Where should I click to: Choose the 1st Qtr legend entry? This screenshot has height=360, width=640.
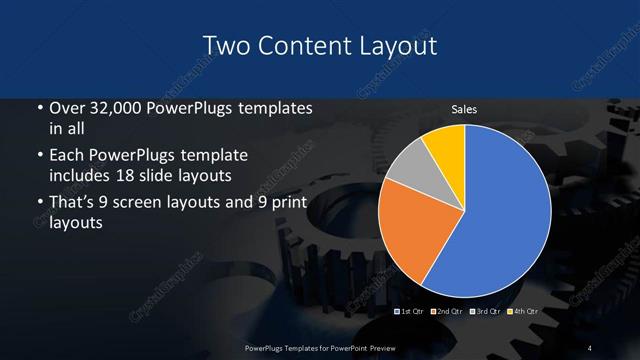click(410, 312)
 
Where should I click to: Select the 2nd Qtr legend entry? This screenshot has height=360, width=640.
click(446, 312)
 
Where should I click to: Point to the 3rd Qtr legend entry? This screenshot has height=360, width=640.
click(484, 312)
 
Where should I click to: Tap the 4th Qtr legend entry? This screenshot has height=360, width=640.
click(522, 312)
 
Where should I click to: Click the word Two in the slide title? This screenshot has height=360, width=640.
click(225, 46)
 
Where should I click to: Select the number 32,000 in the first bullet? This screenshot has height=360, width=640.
click(113, 108)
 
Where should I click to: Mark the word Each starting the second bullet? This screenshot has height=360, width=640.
click(67, 156)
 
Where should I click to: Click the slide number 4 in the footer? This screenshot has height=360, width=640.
click(590, 347)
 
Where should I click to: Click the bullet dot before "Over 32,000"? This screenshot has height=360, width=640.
click(39, 108)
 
